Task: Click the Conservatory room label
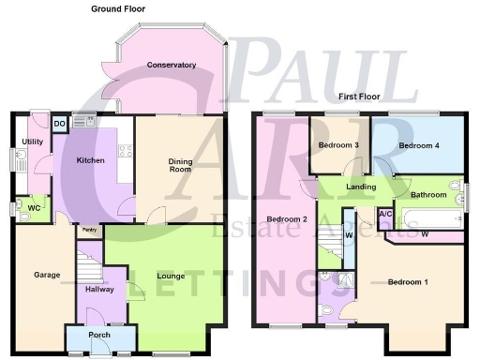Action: pos(171,66)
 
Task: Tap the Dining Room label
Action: pos(180,166)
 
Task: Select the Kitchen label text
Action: pos(91,161)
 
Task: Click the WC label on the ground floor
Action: pos(34,207)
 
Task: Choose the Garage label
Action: pos(47,276)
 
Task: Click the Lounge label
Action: pos(171,277)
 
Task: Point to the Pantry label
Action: pos(89,230)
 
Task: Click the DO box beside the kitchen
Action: pos(59,123)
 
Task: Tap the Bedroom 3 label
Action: pos(338,146)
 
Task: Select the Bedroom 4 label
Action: pos(418,146)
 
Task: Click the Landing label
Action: pos(361,187)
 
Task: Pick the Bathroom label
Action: pos(427,195)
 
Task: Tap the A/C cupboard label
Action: pos(385,214)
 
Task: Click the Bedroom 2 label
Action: pos(288,220)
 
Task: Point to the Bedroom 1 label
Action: pos(408,282)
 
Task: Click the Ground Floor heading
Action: pos(124,8)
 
